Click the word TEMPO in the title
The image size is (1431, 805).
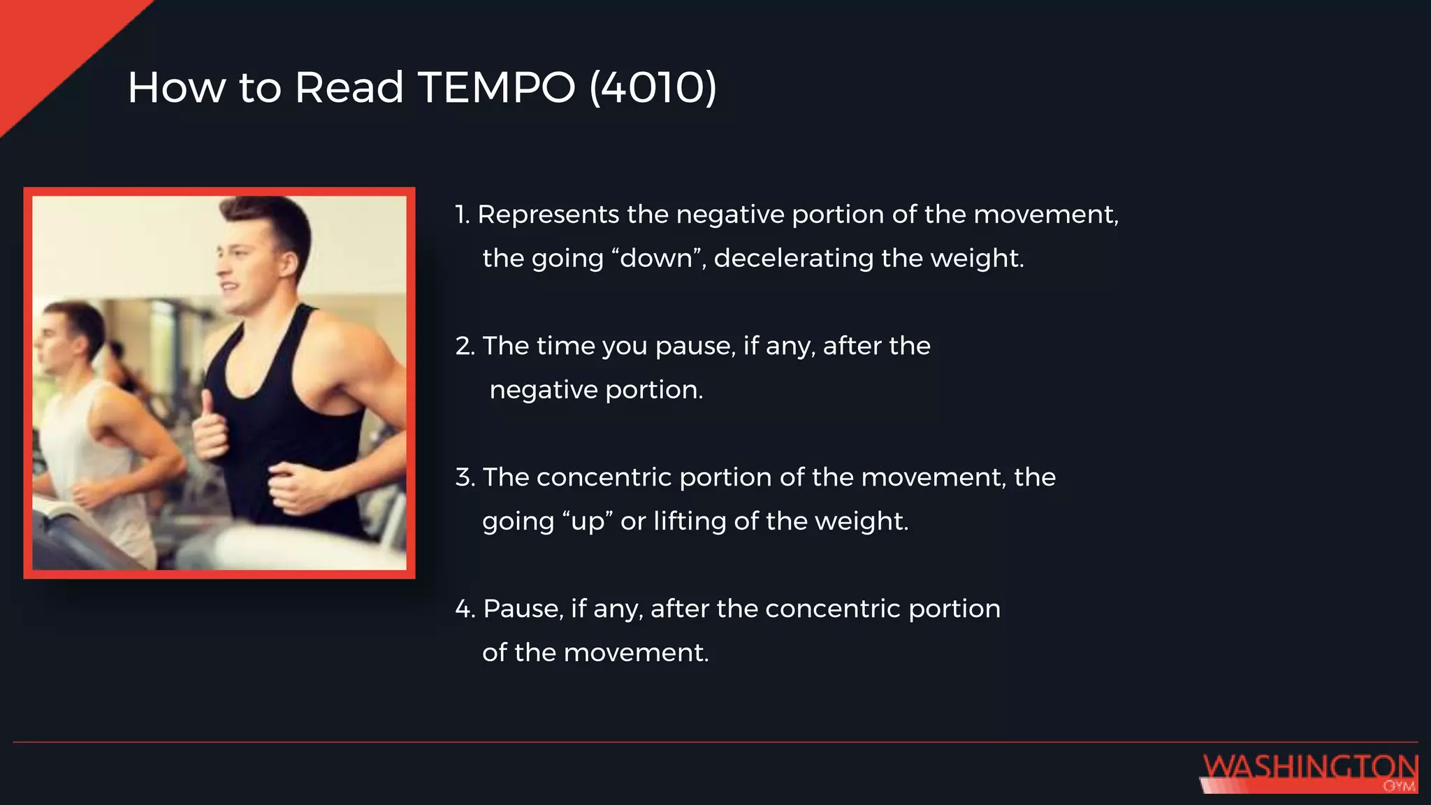click(496, 88)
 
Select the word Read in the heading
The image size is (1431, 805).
click(349, 88)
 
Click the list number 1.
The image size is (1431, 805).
click(462, 215)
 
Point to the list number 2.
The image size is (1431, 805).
click(465, 346)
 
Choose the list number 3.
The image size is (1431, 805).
click(465, 477)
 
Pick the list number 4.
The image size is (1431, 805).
click(465, 609)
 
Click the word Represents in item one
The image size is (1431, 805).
click(548, 215)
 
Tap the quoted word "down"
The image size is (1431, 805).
click(656, 259)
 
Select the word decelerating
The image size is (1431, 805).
click(793, 259)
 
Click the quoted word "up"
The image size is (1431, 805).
click(587, 521)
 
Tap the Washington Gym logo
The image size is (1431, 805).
click(1309, 772)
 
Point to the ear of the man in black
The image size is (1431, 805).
click(289, 264)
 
